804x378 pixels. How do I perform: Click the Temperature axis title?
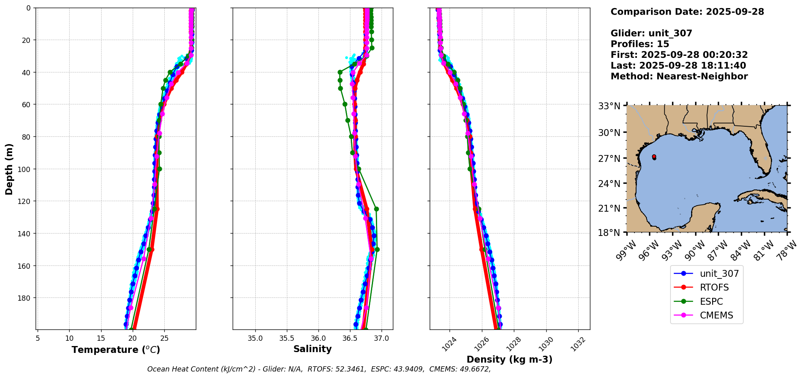[x=116, y=350]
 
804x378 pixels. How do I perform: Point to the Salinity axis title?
[x=312, y=349]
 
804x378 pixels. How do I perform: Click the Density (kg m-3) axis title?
[x=509, y=359]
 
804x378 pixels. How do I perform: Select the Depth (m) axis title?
[x=9, y=169]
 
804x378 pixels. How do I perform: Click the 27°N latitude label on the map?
[x=609, y=158]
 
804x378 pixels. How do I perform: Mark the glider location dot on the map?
[x=654, y=157]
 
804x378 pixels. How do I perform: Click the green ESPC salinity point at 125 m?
[x=376, y=209]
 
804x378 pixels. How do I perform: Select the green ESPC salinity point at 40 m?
[x=340, y=72]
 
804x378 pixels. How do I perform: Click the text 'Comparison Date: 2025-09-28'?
[x=687, y=12]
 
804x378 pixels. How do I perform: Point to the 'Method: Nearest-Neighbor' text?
[x=679, y=76]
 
